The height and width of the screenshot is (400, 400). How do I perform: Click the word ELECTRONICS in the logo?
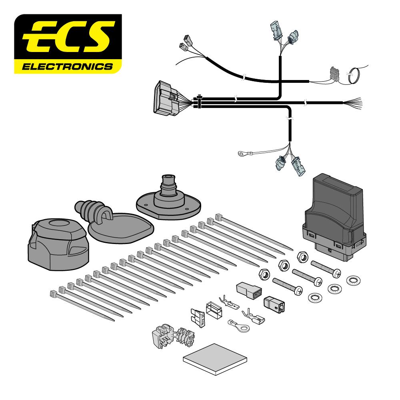pyautogui.click(x=67, y=66)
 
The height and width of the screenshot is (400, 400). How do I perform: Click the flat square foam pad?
pyautogui.click(x=215, y=359)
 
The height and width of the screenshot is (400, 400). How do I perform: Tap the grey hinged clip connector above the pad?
pyautogui.click(x=173, y=336)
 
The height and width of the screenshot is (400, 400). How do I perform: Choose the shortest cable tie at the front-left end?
pyautogui.click(x=82, y=305)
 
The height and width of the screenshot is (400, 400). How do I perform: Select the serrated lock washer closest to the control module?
pyautogui.click(x=354, y=280)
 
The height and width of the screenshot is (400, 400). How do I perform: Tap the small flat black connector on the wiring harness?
pyautogui.click(x=334, y=73)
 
